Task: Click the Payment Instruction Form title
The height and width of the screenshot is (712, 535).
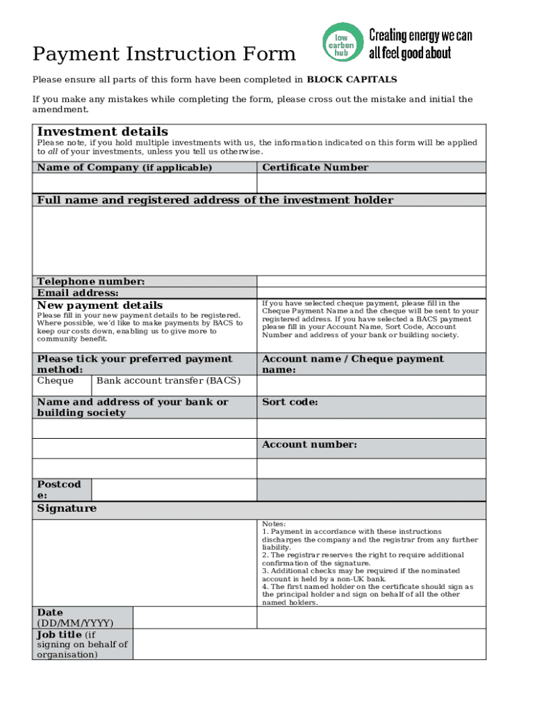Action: click(164, 54)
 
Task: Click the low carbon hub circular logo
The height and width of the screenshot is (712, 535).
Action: click(342, 44)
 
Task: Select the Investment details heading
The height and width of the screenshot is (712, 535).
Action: click(102, 132)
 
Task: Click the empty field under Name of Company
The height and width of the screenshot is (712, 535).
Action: click(145, 183)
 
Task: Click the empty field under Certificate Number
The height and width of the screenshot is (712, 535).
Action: click(371, 183)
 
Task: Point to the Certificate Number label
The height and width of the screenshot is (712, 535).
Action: click(315, 168)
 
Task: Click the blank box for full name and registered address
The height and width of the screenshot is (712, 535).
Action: click(258, 241)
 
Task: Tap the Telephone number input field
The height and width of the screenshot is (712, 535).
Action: click(371, 281)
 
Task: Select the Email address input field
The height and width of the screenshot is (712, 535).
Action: click(371, 293)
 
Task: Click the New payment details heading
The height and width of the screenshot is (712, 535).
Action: click(100, 306)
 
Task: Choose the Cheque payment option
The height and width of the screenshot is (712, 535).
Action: click(56, 381)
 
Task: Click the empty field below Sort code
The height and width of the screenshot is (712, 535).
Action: click(371, 428)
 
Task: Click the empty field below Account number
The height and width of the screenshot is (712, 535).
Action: click(371, 468)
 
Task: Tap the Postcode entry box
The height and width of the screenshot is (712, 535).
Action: click(174, 489)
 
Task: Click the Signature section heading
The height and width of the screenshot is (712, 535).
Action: click(67, 509)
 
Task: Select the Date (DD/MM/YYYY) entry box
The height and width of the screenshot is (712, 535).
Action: click(195, 617)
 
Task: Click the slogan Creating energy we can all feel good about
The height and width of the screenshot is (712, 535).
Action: click(420, 44)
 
